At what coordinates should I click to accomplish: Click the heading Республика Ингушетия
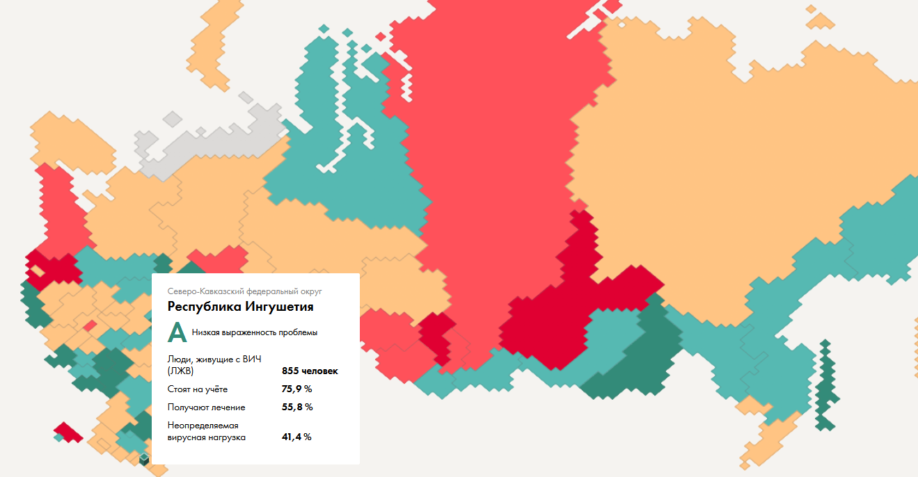(240, 307)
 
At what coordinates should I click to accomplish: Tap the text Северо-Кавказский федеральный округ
(244, 291)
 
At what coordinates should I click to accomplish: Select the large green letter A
(177, 333)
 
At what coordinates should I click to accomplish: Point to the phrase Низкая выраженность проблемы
(254, 333)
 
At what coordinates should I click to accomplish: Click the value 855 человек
(310, 371)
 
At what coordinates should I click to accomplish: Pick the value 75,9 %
(296, 389)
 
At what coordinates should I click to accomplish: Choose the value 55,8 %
(296, 407)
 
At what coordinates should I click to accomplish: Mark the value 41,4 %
(296, 437)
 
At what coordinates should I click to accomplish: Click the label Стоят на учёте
(197, 389)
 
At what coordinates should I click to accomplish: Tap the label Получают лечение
(206, 407)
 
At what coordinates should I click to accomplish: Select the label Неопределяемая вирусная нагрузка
(206, 431)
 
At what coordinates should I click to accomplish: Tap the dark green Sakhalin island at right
(825, 382)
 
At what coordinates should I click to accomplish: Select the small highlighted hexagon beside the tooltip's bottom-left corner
(144, 459)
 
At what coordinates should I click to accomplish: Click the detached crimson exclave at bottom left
(68, 432)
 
